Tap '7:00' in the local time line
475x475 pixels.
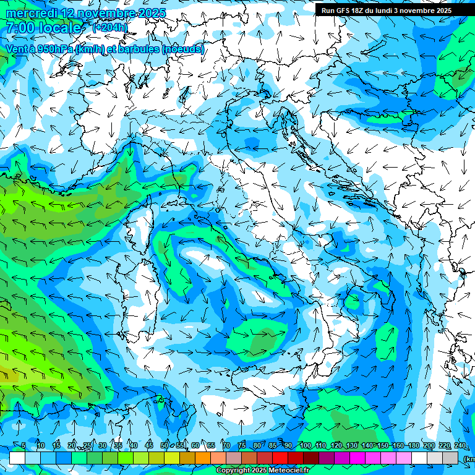point(19,28)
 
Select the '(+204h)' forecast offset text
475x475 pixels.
point(109,28)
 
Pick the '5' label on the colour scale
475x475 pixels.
point(24,445)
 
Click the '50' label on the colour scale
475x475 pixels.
point(164,445)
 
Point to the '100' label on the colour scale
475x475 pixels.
point(305,445)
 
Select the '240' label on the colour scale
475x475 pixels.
point(460,445)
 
